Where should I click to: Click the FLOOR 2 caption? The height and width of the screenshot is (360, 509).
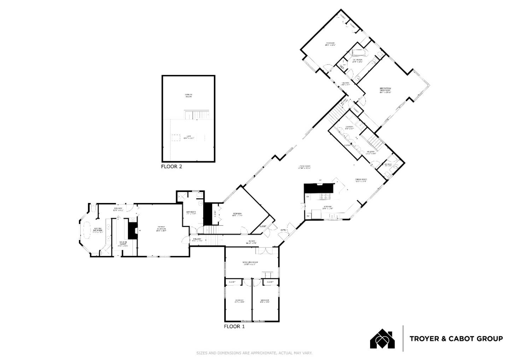171,166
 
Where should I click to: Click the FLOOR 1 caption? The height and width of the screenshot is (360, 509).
234,326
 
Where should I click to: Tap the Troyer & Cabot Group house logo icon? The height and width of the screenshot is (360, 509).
382,339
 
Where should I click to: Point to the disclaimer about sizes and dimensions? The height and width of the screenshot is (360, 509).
254,353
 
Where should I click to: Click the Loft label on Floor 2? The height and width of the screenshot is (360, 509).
188,137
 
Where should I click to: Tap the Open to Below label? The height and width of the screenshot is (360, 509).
189,95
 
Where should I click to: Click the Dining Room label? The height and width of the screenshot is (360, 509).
361,180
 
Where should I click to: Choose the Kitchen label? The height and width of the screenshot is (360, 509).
327,207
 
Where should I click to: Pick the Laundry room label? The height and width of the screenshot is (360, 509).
349,127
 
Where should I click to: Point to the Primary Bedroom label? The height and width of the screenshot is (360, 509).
161,228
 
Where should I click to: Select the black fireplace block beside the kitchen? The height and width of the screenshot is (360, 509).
318,188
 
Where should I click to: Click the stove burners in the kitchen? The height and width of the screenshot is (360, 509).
325,196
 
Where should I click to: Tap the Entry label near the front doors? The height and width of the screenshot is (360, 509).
283,230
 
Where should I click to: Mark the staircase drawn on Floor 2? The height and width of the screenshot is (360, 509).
198,115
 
